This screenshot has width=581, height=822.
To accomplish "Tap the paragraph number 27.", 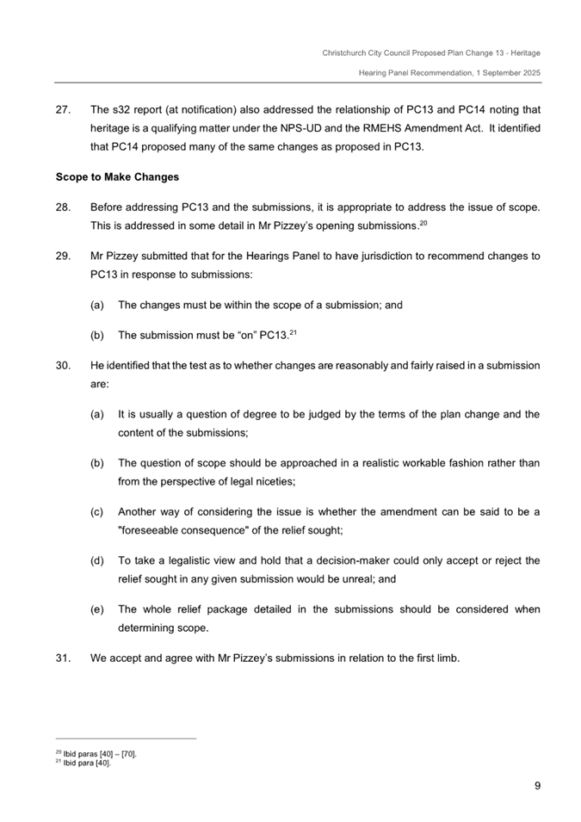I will [62, 111].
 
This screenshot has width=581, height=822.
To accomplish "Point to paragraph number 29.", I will [62, 256].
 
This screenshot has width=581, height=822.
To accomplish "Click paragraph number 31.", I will [62, 660].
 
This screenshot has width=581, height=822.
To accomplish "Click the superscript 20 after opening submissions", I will [423, 222].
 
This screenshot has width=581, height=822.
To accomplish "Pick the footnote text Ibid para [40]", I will [90, 762].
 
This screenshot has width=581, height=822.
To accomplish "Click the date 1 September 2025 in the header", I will [504, 73].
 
